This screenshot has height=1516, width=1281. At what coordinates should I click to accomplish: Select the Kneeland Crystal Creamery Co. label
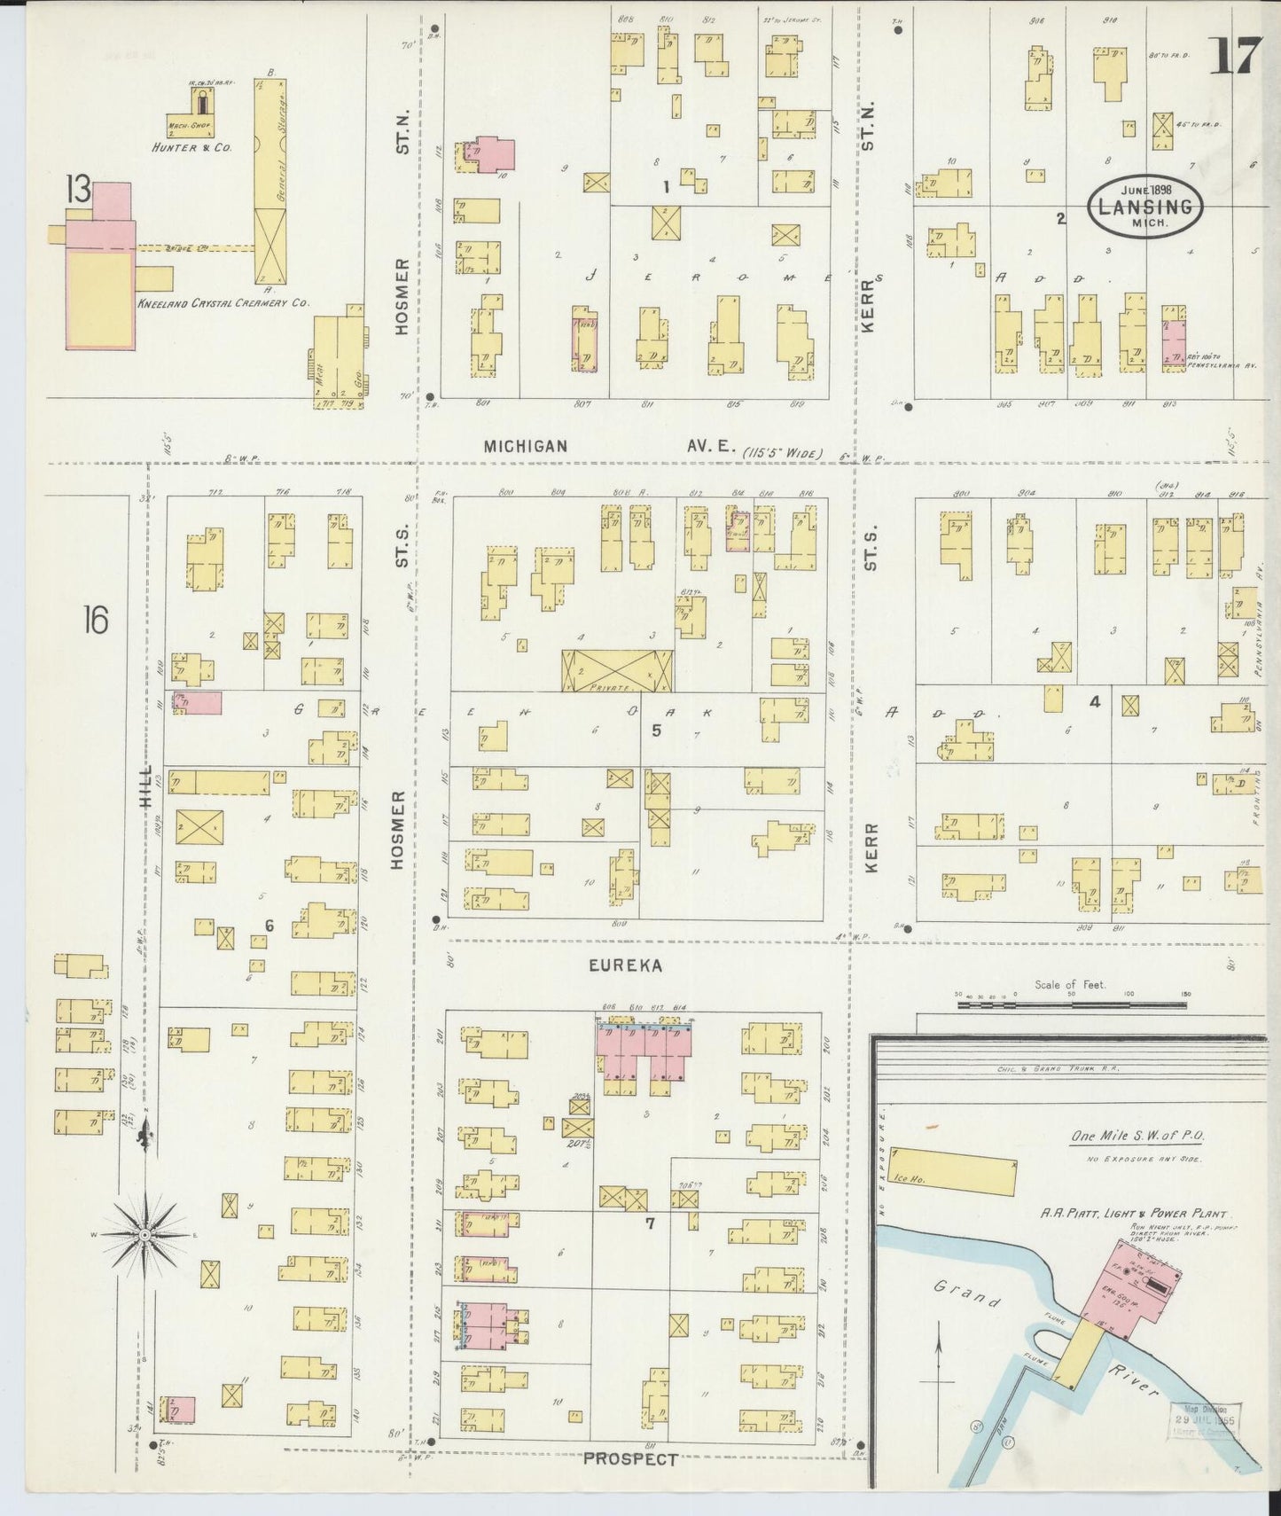tap(223, 303)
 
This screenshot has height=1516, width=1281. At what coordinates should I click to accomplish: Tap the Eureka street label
tap(626, 966)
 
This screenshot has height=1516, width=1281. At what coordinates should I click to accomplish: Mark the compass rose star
tap(144, 1235)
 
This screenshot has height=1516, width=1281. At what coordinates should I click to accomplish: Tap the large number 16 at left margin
tap(95, 620)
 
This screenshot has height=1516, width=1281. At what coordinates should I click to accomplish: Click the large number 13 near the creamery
tap(77, 189)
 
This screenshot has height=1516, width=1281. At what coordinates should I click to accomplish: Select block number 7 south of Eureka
tap(650, 1224)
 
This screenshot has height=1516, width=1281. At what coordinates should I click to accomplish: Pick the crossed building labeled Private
tap(617, 670)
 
